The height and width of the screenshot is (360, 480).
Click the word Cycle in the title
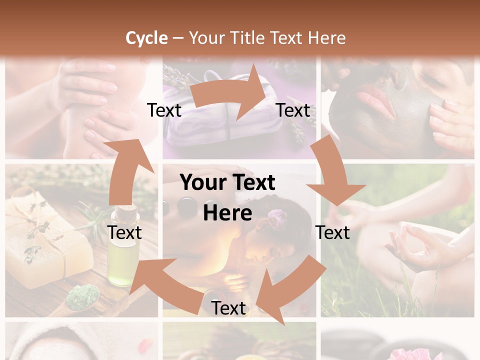tap(146, 38)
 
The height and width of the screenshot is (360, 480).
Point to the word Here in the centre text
tap(227, 213)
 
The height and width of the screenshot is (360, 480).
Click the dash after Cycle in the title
tap(178, 38)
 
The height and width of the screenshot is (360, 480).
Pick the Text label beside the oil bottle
tap(124, 232)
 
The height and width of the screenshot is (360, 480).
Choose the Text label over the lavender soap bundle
tap(164, 110)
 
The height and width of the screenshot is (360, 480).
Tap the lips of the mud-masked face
tap(375, 100)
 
